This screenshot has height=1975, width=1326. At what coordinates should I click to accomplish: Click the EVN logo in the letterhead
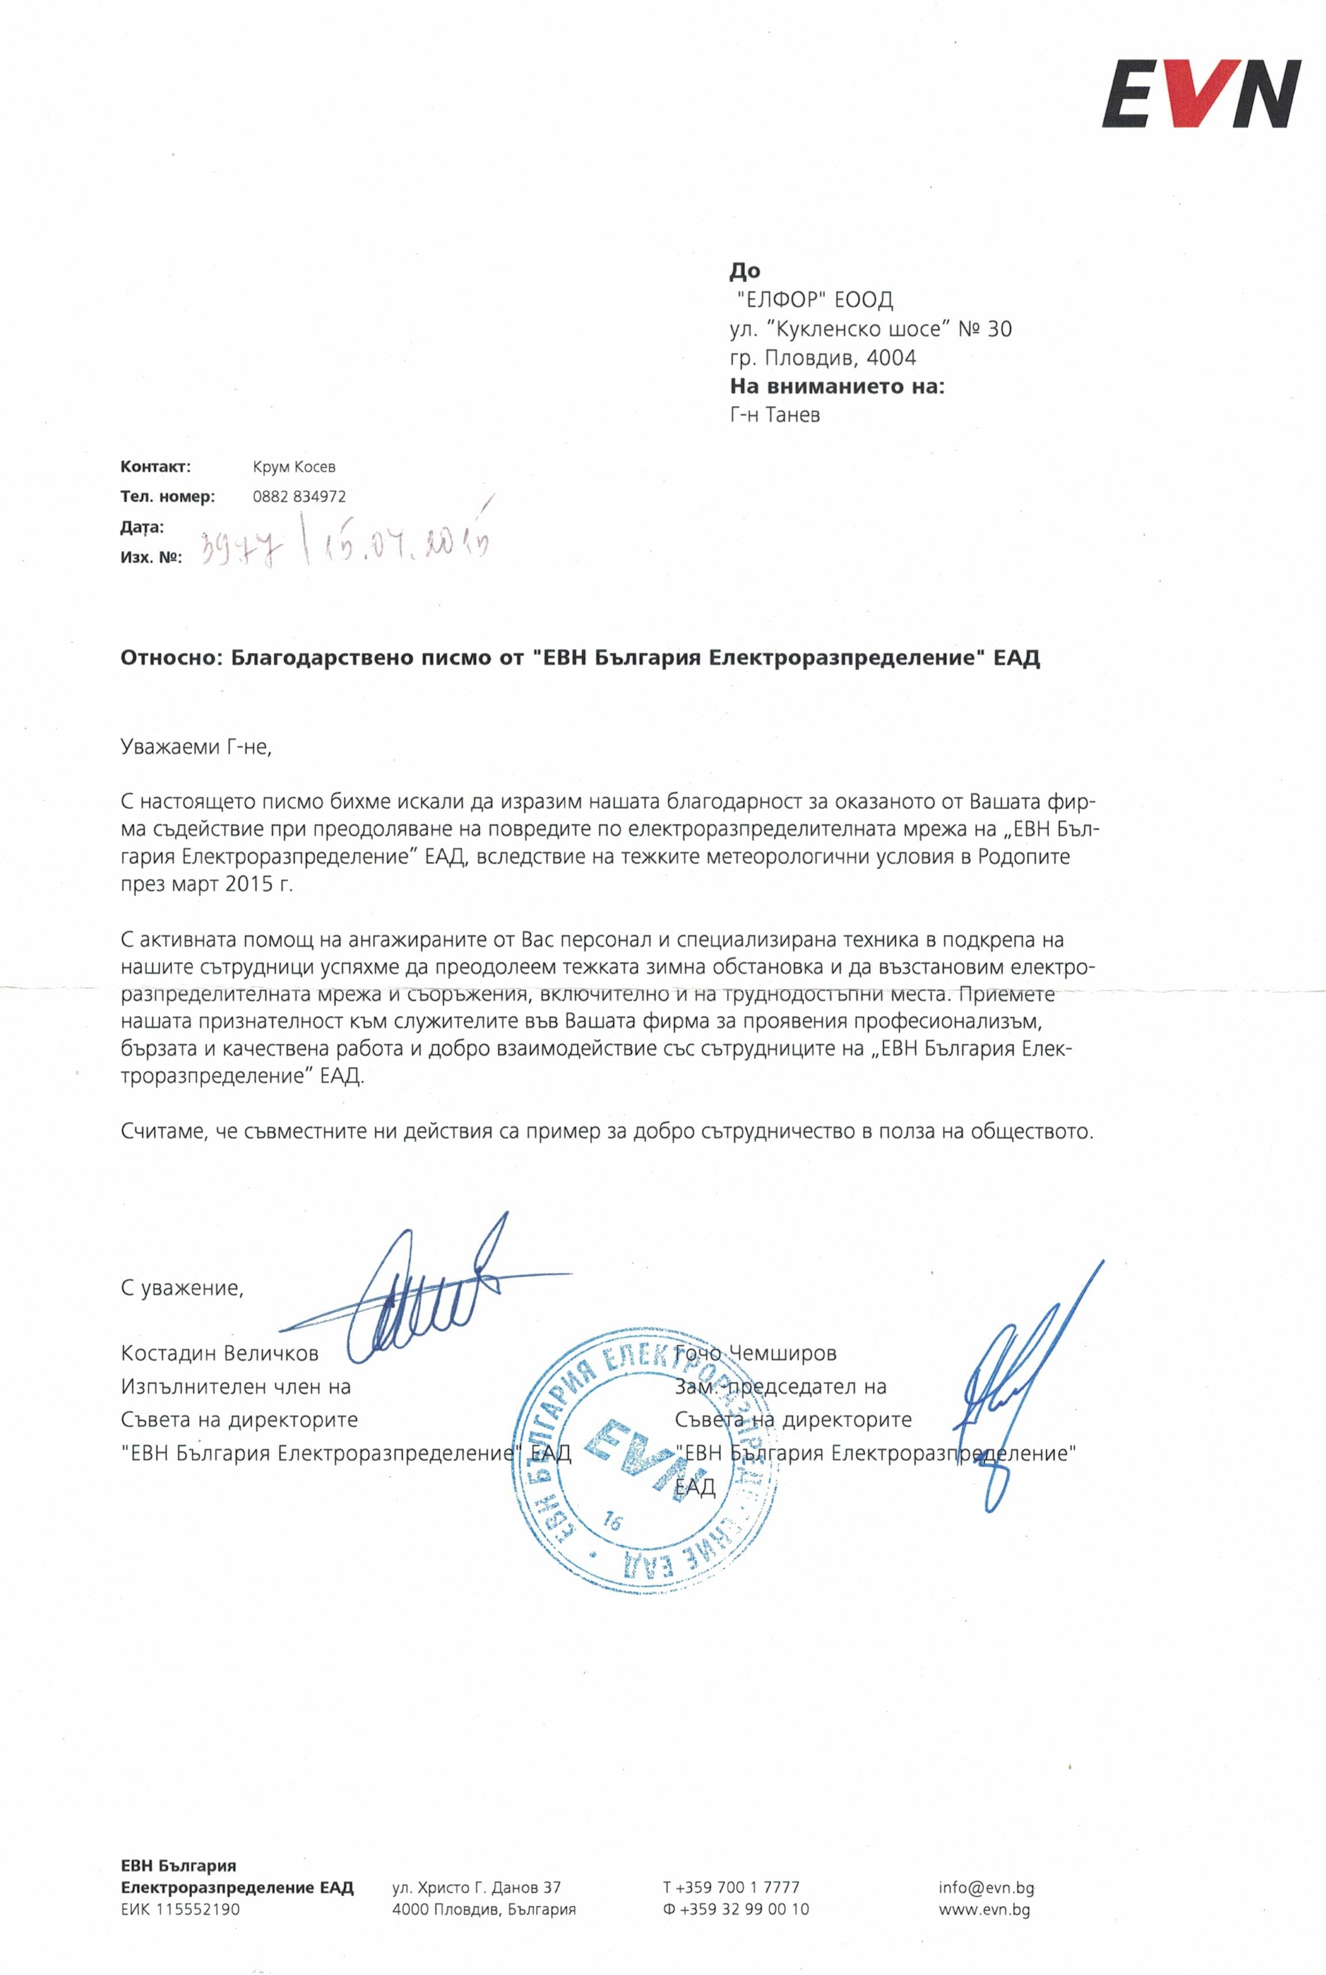click(1200, 93)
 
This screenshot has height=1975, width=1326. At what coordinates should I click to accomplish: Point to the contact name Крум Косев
click(294, 467)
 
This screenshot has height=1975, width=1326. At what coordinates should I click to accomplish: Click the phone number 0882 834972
click(299, 496)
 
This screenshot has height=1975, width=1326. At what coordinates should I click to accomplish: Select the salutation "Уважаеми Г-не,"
click(196, 748)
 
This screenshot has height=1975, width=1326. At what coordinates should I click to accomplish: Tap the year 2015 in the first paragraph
click(250, 884)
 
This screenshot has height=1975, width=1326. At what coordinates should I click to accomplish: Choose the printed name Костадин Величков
click(219, 1353)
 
